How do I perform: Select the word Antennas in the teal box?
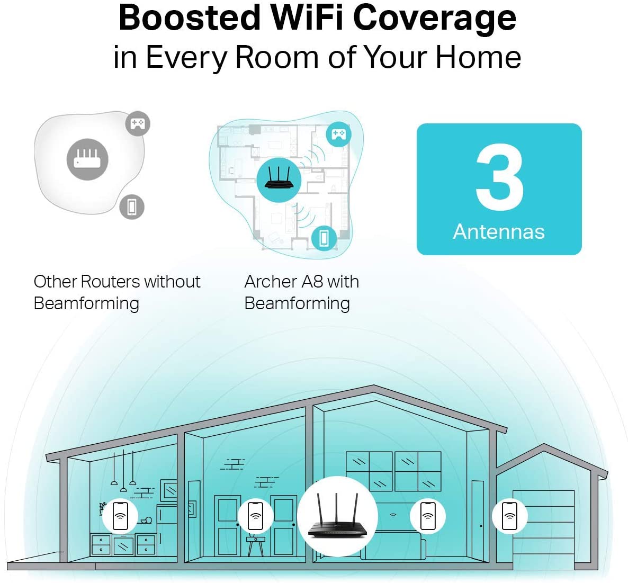click(499, 232)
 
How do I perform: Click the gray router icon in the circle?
click(87, 159)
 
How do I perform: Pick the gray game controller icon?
click(138, 123)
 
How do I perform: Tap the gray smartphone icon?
click(132, 207)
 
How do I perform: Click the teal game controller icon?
click(339, 134)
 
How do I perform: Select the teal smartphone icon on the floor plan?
click(324, 238)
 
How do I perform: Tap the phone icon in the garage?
click(509, 516)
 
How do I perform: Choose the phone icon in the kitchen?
click(120, 516)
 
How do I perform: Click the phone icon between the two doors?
click(256, 516)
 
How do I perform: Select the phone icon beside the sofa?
click(428, 516)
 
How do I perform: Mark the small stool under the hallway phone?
click(255, 546)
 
